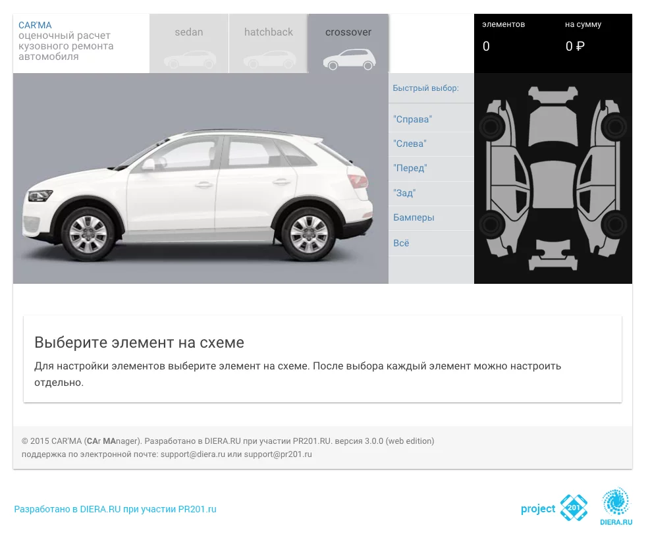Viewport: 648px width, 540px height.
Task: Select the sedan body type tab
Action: point(189,43)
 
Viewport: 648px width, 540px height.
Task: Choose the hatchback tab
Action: point(268,43)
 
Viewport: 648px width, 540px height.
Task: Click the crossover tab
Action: point(348,43)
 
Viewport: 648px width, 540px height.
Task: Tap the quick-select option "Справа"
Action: point(412,119)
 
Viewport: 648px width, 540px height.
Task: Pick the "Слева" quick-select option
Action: point(410,144)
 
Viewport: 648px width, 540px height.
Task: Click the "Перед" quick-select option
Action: point(410,168)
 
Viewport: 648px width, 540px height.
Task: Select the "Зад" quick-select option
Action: point(404,193)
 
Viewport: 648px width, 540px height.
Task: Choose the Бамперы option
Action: point(414,217)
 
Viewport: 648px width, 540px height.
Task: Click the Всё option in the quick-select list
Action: point(401,243)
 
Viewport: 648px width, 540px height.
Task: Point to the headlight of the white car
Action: point(40,195)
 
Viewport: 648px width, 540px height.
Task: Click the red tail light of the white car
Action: point(357,181)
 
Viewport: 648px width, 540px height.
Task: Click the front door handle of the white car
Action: point(203,184)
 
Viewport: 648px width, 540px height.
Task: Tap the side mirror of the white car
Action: point(148,165)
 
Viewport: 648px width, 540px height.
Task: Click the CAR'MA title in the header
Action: point(35,25)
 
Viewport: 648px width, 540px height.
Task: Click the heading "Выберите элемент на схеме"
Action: point(139,342)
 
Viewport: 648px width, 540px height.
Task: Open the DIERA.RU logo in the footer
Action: point(616,506)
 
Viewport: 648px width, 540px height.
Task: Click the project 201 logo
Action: point(554,508)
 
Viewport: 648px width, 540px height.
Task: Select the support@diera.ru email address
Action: point(192,454)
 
